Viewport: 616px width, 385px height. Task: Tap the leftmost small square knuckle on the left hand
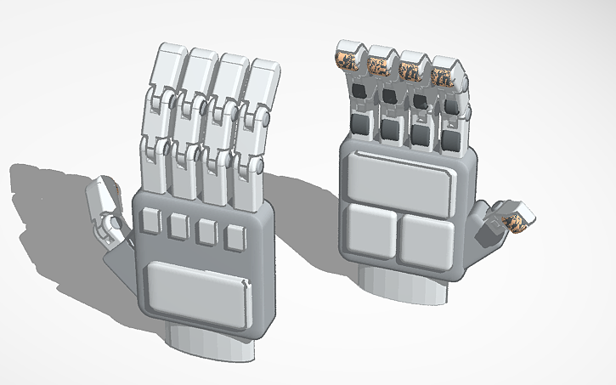pyautogui.click(x=150, y=221)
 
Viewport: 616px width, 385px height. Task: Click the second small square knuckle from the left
pyautogui.click(x=178, y=226)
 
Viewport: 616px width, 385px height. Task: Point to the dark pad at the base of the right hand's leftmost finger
pyautogui.click(x=361, y=126)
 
